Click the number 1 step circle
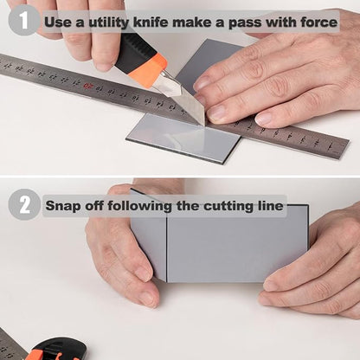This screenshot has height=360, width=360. [24, 20]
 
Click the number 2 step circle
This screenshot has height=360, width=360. [24, 204]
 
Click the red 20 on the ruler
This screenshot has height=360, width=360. [88, 86]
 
